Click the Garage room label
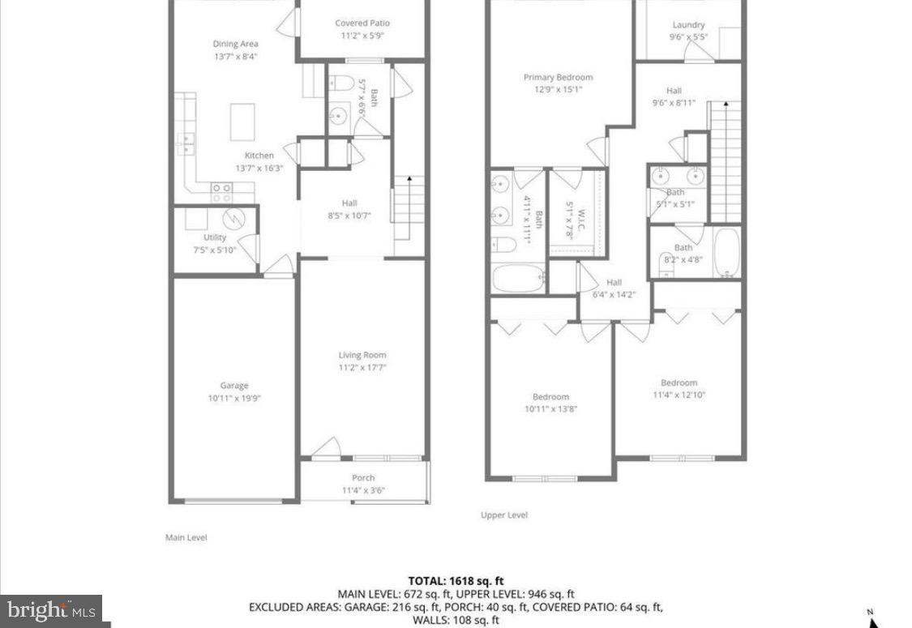click(x=234, y=386)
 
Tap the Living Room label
click(x=362, y=355)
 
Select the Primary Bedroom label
click(x=558, y=78)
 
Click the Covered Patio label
click(x=362, y=23)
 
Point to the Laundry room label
click(x=687, y=25)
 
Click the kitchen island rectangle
click(x=242, y=122)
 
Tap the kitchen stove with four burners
click(x=222, y=192)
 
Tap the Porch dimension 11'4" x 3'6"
click(x=362, y=489)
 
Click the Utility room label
click(x=215, y=237)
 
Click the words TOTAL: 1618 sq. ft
click(x=456, y=580)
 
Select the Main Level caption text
click(x=186, y=537)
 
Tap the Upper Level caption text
click(x=504, y=515)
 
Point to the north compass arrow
click(x=873, y=620)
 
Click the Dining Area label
click(x=236, y=45)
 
